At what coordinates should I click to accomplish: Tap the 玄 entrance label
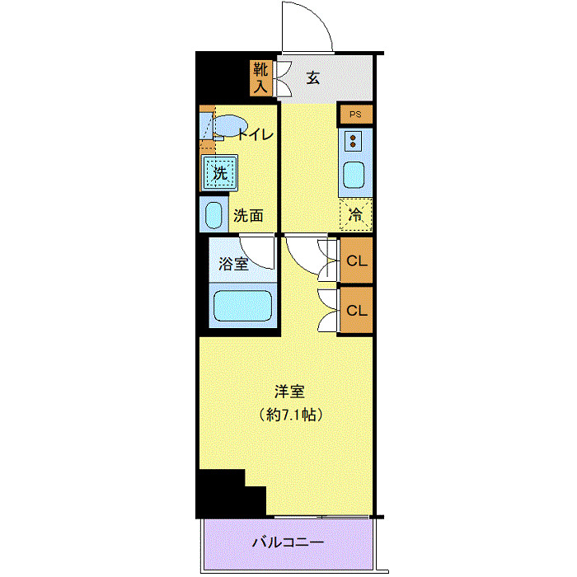313,78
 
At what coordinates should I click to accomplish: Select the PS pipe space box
355,115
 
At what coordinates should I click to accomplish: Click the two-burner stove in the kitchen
354,142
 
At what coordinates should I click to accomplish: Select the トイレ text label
256,135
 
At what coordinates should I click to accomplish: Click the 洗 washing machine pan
218,173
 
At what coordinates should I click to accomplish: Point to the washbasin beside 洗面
213,216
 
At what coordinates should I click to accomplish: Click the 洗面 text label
248,217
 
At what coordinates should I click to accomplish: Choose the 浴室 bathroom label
233,264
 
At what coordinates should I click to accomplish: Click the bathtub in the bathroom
242,306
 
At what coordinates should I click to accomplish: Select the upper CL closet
356,260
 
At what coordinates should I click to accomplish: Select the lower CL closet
356,311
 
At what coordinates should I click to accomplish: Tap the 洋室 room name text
288,392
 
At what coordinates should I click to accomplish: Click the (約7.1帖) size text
288,414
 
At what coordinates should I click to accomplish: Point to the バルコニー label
288,542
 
